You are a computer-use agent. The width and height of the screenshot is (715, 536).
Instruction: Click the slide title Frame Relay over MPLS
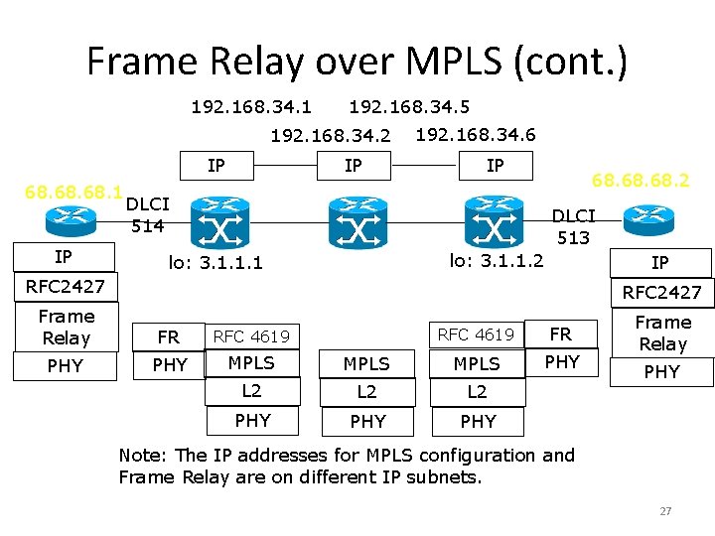coord(357,62)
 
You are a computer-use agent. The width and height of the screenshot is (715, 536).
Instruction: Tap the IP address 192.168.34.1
coord(251,105)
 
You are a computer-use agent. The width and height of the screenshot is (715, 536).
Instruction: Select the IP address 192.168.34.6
coord(475,135)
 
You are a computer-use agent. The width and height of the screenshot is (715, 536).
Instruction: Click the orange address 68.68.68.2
coord(641,181)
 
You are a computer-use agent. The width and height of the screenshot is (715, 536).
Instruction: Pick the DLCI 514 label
coord(149,214)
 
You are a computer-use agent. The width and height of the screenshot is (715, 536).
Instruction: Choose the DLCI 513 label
coord(573,226)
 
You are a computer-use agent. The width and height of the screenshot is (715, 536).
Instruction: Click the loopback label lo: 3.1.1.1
coord(214,263)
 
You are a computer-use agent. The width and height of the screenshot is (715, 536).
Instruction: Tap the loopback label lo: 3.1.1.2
coord(497,260)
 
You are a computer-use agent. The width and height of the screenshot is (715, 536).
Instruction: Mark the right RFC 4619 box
coord(477,335)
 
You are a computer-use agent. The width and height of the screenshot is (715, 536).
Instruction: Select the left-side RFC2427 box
coord(66,287)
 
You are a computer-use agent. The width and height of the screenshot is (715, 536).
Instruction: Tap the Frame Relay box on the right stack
coord(662,334)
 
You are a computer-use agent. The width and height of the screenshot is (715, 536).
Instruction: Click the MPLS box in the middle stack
coord(366,364)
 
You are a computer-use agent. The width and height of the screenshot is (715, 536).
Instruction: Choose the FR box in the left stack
coord(169,337)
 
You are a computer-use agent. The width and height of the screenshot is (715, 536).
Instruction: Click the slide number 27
coord(665,511)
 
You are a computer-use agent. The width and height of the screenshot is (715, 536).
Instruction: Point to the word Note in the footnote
coord(140,455)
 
